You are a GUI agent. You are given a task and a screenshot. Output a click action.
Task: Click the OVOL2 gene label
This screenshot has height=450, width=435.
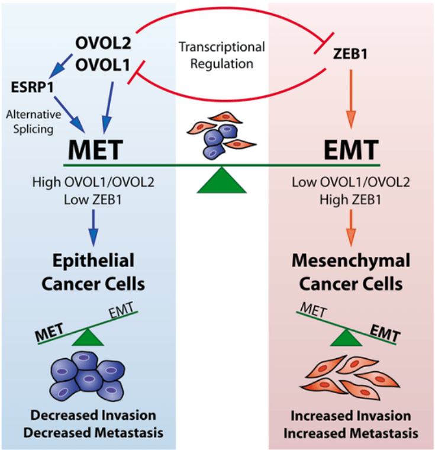pos(102,43)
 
